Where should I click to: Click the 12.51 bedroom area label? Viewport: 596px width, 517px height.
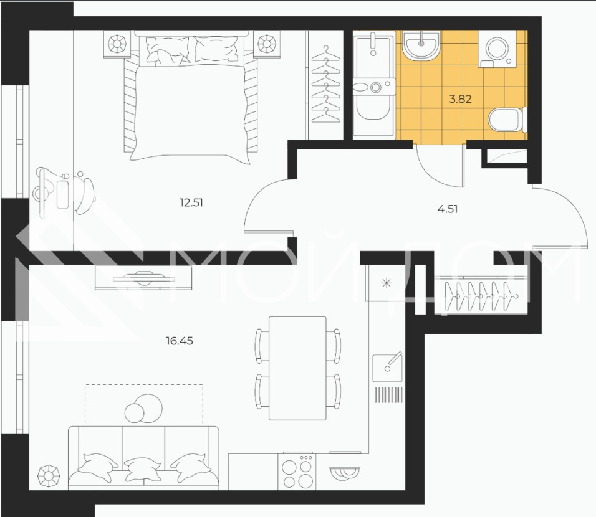pos(191,203)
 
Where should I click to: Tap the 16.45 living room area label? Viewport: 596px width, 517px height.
pos(180,341)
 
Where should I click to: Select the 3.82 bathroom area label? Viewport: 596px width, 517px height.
pos(460,99)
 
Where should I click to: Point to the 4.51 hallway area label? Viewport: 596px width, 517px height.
pos(448,209)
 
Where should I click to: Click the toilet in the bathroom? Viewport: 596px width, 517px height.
pos(507,120)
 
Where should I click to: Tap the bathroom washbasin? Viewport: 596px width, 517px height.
pos(421,45)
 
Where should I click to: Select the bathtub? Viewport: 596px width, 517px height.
pos(374,83)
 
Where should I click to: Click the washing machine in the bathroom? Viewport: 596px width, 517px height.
pos(497,49)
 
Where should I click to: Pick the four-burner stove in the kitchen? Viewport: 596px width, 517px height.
pos(297,472)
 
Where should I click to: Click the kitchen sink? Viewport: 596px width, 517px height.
pos(387,367)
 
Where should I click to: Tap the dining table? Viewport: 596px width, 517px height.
pos(297,369)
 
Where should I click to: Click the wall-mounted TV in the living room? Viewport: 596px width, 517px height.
pos(143,278)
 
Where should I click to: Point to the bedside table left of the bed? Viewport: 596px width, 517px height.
pos(117,44)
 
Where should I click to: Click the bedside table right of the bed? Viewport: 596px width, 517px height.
pos(267,44)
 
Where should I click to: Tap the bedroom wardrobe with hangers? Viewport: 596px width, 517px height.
pos(325,85)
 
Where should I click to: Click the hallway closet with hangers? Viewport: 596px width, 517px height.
pos(481,296)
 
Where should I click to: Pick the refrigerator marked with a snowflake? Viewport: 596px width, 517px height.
pos(386,283)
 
